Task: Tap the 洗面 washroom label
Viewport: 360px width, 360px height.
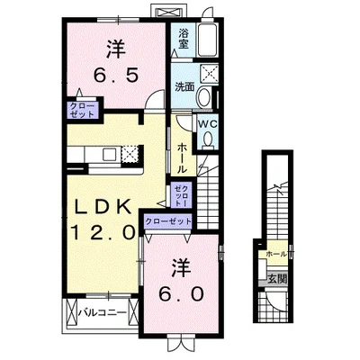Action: click(x=184, y=87)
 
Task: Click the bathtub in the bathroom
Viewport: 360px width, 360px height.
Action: click(x=208, y=40)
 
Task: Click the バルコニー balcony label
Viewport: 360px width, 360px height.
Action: click(x=101, y=315)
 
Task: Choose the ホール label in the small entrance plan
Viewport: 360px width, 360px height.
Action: click(x=274, y=255)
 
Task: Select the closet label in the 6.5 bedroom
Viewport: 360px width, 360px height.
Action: click(x=79, y=111)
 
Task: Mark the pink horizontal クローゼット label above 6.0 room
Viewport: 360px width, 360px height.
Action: click(x=168, y=221)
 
